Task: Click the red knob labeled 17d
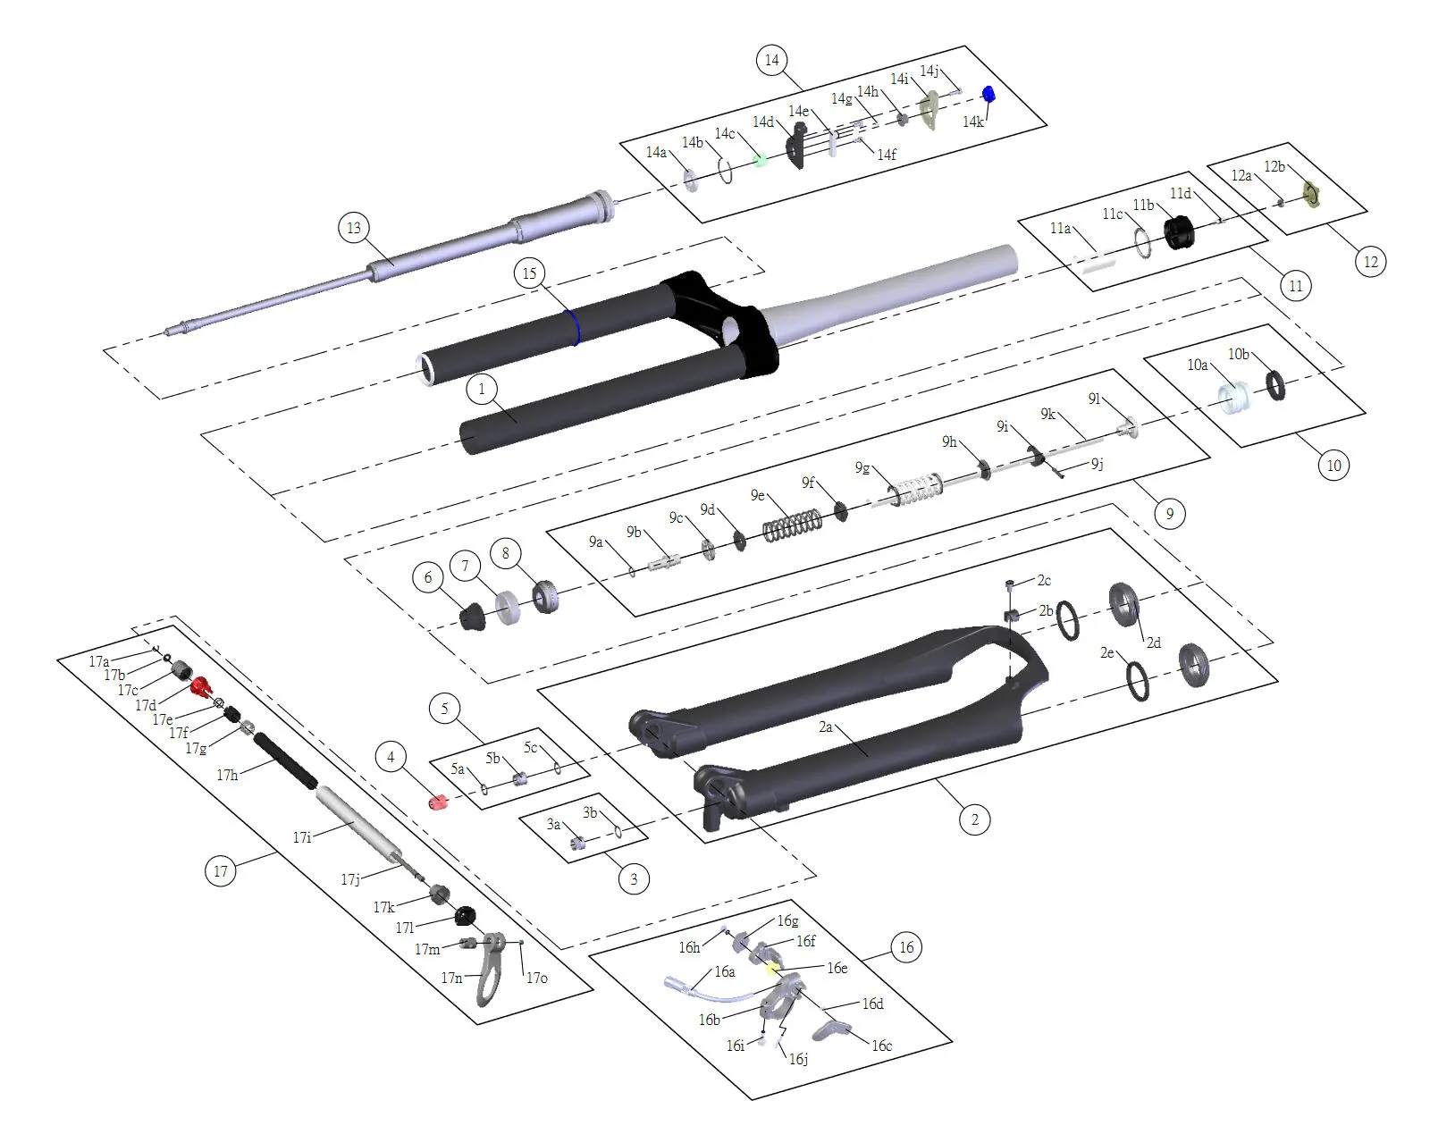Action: tap(199, 686)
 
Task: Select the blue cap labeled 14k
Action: tap(988, 94)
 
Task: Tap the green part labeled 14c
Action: tap(761, 161)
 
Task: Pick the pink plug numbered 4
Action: tap(438, 802)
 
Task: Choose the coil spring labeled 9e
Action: tap(792, 525)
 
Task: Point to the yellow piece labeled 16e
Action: tap(772, 970)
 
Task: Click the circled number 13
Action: tap(354, 228)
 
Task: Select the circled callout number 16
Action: tap(906, 947)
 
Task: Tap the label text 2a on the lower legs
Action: tap(825, 727)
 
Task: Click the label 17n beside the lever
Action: tap(451, 978)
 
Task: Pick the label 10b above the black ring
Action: tap(1238, 354)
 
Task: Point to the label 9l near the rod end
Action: tap(1094, 399)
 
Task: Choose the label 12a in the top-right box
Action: tap(1241, 175)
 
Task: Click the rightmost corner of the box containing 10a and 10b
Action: tap(1367, 413)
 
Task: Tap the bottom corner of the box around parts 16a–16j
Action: tap(752, 1100)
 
